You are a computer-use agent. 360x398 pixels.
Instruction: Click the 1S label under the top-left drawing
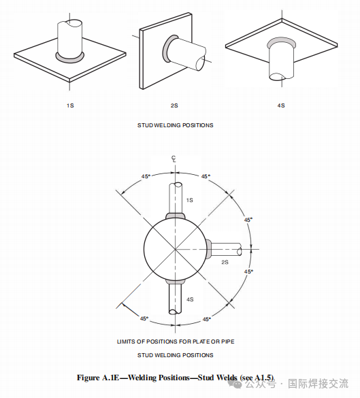[70, 105]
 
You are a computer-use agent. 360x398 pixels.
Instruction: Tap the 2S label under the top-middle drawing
[174, 105]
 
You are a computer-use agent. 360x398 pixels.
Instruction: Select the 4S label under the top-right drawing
[281, 105]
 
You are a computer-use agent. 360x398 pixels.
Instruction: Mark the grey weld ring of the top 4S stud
[281, 39]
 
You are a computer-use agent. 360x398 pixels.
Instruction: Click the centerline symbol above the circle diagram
[174, 159]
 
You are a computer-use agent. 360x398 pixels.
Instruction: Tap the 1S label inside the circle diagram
[190, 200]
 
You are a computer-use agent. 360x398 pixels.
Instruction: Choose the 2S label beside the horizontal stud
[225, 262]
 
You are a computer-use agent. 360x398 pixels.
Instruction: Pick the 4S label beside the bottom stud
[190, 299]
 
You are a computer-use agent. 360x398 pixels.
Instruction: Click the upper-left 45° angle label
[146, 176]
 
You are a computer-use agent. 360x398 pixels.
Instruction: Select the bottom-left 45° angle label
[144, 318]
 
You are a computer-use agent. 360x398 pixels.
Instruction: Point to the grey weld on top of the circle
[176, 216]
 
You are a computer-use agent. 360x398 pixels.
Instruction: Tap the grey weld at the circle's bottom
[176, 282]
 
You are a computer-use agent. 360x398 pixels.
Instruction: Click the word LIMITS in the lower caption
[126, 342]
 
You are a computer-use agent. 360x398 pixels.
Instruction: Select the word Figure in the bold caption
[88, 378]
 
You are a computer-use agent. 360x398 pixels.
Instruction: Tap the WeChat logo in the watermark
[235, 384]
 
